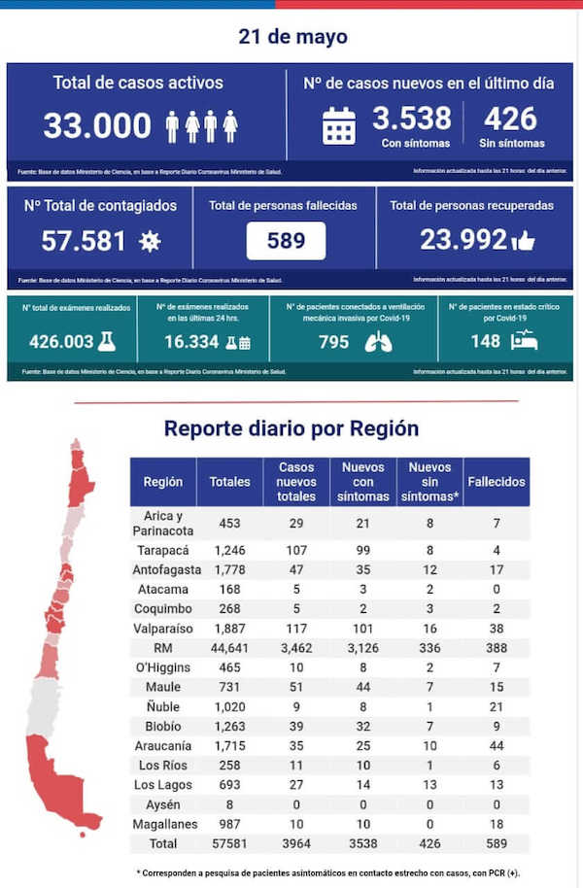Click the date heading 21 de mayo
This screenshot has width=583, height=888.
(x=292, y=37)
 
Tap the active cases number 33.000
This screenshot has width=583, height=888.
(x=97, y=125)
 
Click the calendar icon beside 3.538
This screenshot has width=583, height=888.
(x=338, y=126)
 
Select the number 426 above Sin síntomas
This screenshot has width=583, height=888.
(x=510, y=119)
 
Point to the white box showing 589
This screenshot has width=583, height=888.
(x=286, y=240)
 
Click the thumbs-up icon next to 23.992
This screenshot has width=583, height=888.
(x=523, y=240)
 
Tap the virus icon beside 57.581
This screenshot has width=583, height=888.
(x=150, y=241)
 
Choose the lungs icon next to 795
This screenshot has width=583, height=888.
(x=378, y=341)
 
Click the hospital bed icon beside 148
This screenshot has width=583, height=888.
(x=524, y=341)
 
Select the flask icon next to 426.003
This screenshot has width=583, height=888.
(x=106, y=341)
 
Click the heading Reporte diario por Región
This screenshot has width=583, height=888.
(x=291, y=428)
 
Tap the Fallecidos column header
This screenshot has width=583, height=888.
(x=496, y=482)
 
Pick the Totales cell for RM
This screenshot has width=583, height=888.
(x=229, y=647)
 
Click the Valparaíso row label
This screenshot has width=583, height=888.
(x=162, y=628)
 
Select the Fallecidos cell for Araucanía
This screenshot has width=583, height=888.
(x=496, y=746)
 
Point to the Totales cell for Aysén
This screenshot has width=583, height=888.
(x=229, y=804)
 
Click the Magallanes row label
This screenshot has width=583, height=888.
(x=162, y=824)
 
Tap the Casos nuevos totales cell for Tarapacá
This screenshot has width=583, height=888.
(x=295, y=550)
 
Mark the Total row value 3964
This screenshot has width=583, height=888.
(x=295, y=843)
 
